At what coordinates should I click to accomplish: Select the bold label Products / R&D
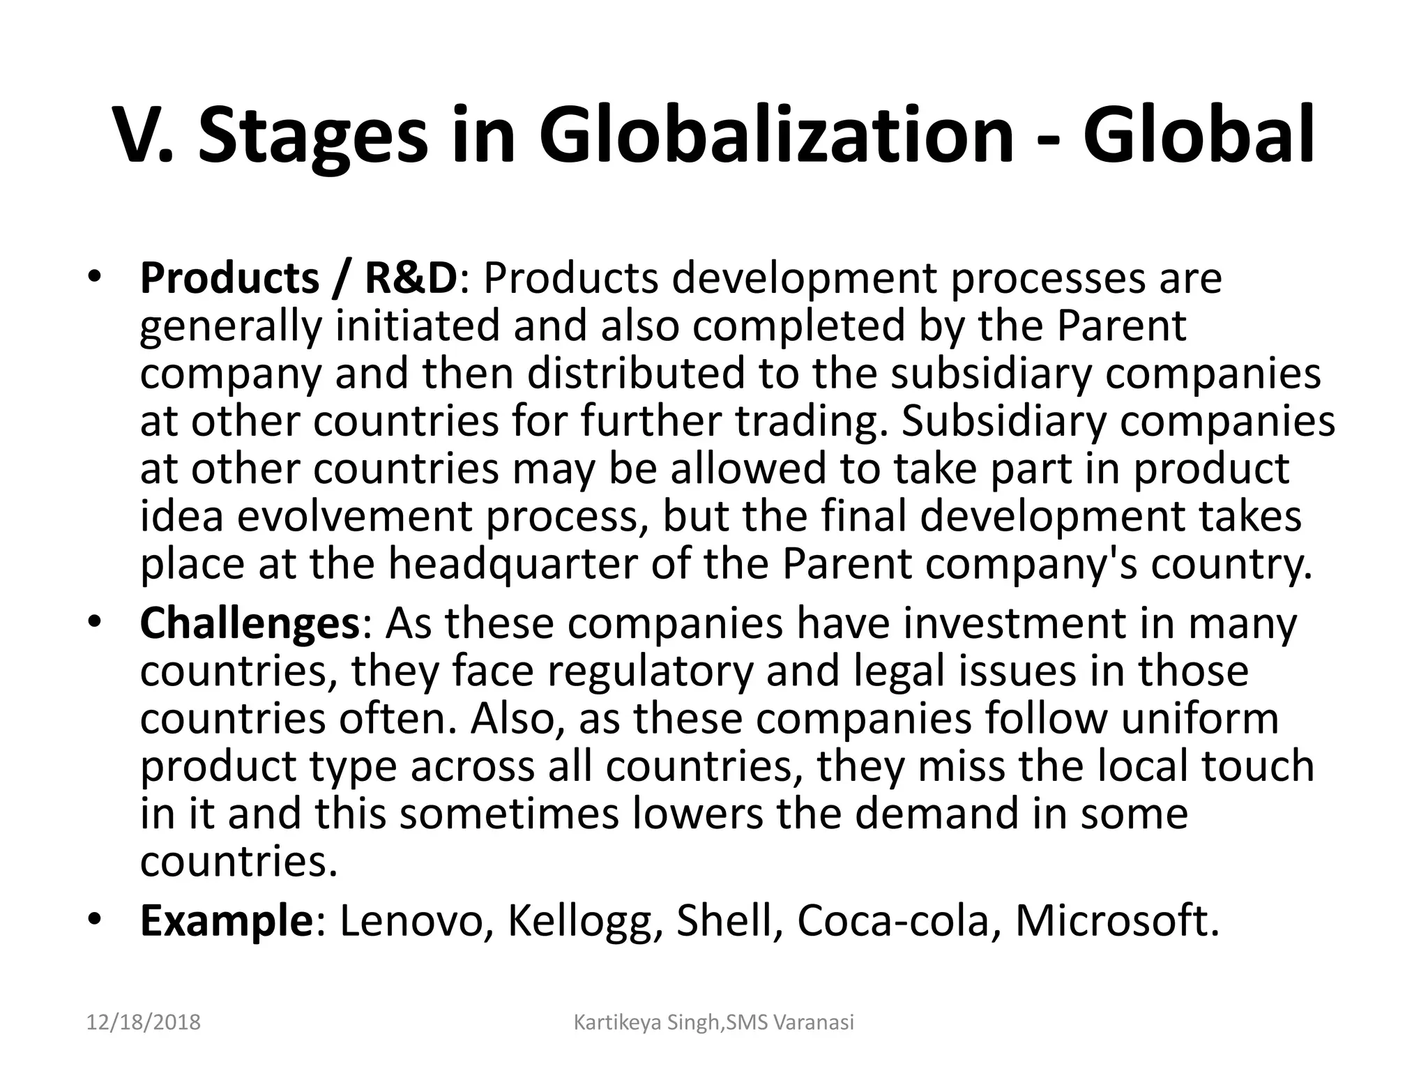[x=299, y=278]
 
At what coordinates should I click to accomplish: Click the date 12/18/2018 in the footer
[x=144, y=1023]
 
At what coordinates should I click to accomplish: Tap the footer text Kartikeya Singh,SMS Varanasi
[x=713, y=1023]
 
